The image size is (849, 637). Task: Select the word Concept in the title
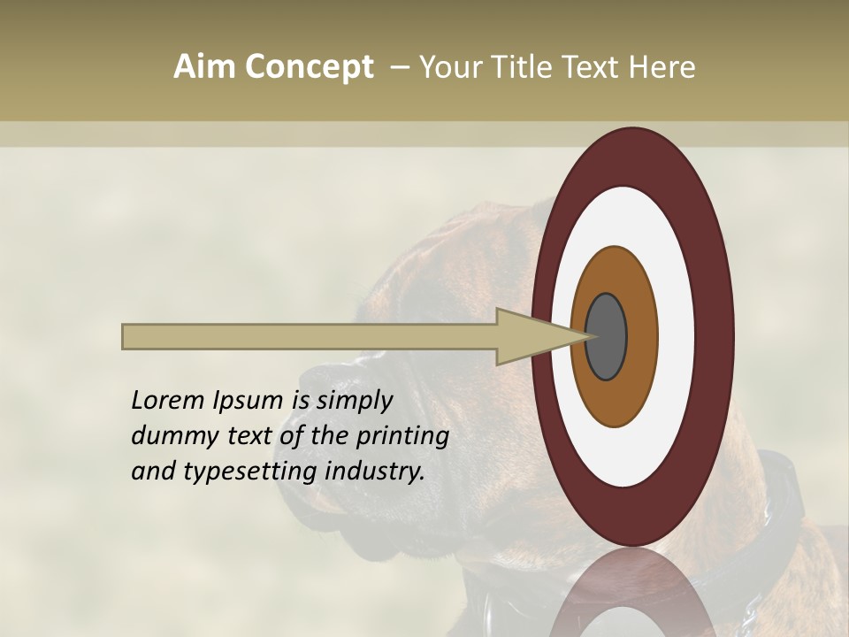(x=307, y=67)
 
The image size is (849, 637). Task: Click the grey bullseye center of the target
(x=607, y=336)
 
